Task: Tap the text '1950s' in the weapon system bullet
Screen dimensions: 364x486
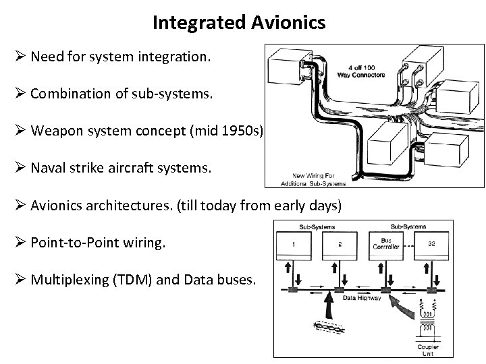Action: (x=244, y=130)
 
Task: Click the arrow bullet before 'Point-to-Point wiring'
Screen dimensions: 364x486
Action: (x=20, y=241)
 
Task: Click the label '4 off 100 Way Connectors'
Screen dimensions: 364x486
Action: (x=367, y=70)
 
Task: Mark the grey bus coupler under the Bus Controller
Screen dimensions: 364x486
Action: (x=386, y=291)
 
